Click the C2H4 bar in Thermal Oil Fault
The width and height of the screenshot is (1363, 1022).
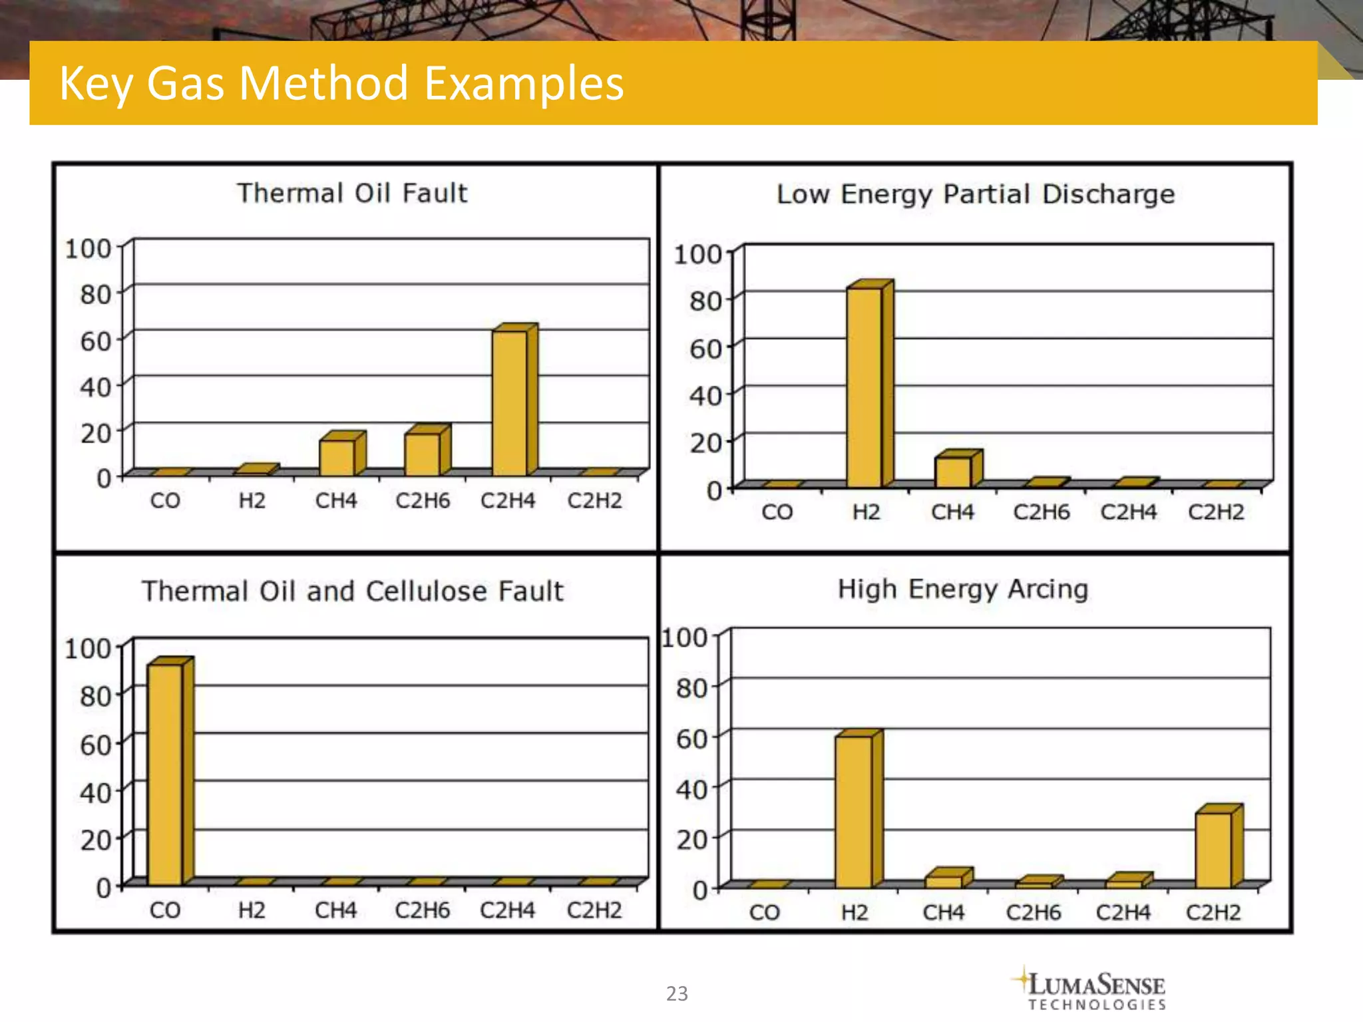click(510, 403)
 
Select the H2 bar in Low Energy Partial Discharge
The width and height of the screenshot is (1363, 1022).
click(865, 387)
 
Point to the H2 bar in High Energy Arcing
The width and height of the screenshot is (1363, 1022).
click(854, 812)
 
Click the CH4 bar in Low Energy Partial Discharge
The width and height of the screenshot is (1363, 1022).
click(953, 472)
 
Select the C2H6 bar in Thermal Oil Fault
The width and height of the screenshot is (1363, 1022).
click(423, 454)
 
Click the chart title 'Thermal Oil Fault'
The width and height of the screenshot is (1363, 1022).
click(353, 193)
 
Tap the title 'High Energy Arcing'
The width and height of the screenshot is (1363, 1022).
click(962, 589)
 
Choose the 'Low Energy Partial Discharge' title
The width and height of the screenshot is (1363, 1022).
click(976, 194)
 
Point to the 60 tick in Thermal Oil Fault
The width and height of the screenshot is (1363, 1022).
click(95, 341)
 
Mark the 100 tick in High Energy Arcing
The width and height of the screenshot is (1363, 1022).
click(685, 637)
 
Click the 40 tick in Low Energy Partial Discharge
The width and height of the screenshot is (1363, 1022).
click(705, 396)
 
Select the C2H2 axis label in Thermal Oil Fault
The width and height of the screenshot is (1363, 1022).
click(594, 500)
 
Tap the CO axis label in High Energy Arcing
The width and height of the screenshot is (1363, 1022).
click(764, 912)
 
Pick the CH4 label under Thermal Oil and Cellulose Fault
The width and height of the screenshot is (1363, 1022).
click(335, 910)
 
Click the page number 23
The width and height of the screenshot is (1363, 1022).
click(677, 993)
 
